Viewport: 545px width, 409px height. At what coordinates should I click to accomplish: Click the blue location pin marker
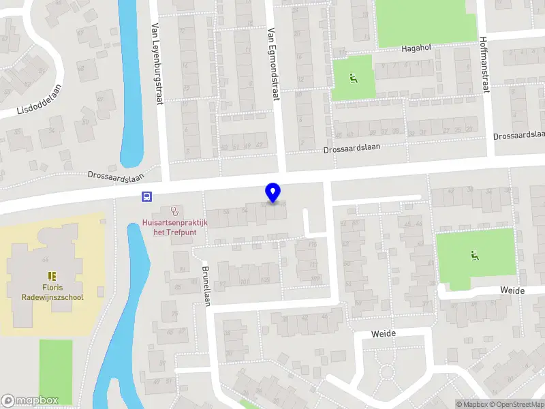tap(273, 192)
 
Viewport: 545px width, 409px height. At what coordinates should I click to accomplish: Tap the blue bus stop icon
tap(146, 197)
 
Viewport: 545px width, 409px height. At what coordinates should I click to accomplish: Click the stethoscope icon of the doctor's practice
tap(175, 211)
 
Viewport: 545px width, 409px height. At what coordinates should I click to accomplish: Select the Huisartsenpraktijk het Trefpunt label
tap(175, 226)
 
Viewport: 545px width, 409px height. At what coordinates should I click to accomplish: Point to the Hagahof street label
tap(418, 48)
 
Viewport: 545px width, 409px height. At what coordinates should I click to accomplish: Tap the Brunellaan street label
tap(205, 286)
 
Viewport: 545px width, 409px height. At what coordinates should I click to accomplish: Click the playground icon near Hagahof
tap(353, 78)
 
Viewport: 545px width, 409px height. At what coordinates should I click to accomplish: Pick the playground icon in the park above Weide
tap(474, 256)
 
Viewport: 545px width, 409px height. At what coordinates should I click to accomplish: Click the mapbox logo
tap(30, 401)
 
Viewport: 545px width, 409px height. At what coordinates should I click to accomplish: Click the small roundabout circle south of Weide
tap(387, 372)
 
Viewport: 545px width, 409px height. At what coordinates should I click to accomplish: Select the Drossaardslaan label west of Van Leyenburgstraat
tap(117, 176)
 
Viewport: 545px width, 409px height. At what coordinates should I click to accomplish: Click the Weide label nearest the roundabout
tap(384, 333)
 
